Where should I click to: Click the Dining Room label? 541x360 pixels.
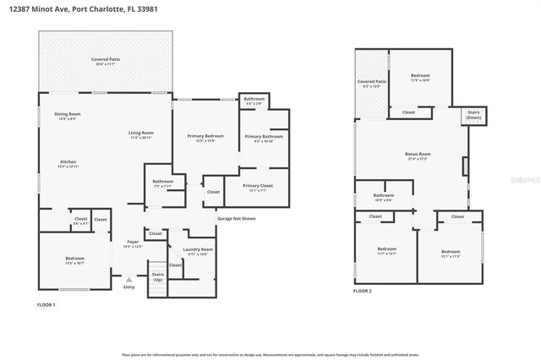click(67, 114)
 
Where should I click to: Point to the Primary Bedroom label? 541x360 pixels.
click(205, 136)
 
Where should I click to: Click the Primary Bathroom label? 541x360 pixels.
click(263, 137)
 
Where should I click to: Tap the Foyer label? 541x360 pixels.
click(134, 243)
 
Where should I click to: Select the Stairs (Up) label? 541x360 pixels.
click(157, 276)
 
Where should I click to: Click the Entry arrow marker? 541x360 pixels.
click(128, 279)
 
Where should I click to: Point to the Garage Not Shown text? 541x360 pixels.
click(236, 219)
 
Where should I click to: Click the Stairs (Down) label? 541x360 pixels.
click(474, 115)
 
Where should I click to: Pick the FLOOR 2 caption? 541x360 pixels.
click(362, 291)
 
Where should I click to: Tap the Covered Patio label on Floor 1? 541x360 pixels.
click(106, 60)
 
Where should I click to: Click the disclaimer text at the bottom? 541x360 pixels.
click(270, 352)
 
